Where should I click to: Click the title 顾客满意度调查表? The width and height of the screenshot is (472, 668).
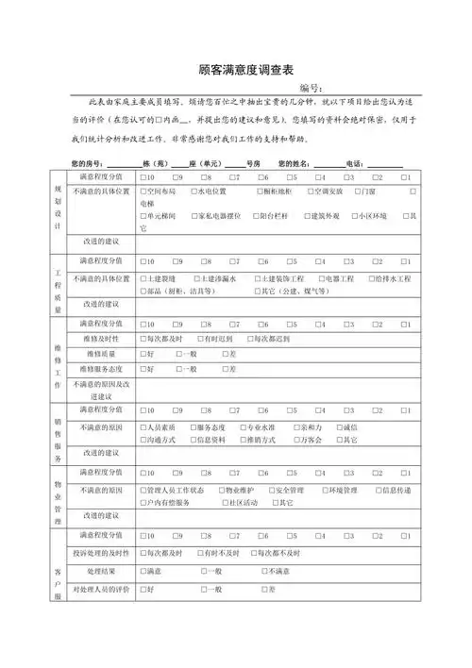(235, 70)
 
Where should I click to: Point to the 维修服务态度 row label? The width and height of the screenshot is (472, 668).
(102, 369)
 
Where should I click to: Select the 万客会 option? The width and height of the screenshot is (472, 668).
(312, 440)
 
